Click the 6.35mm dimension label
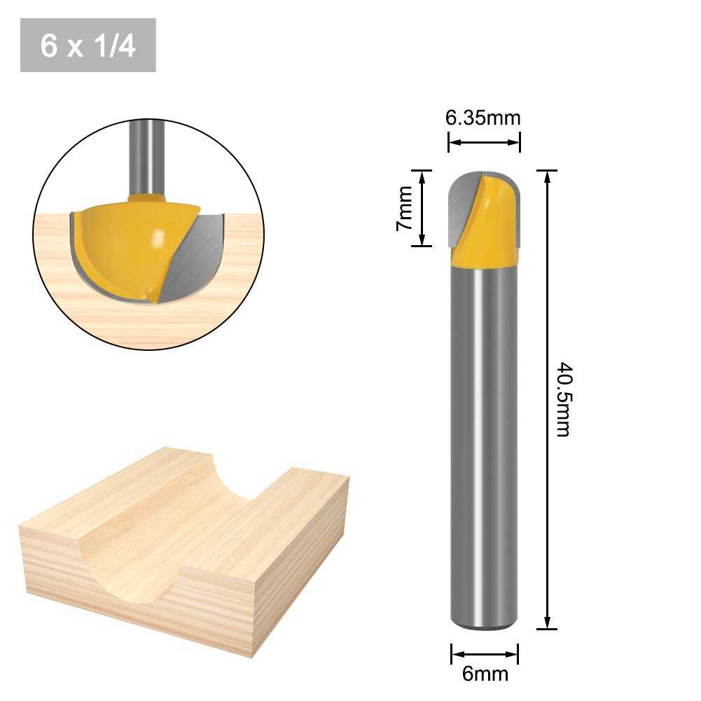pos(483,118)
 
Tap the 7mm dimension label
pos(404,208)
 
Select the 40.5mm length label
pos(563,399)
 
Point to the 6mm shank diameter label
pos(485,674)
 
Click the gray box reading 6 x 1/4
pos(88,46)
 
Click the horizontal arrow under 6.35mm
pos(484,142)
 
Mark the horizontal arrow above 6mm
pos(485,655)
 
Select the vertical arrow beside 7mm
pos(422,208)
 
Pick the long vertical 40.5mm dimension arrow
pos(547,399)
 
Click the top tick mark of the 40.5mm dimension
pos(547,170)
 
